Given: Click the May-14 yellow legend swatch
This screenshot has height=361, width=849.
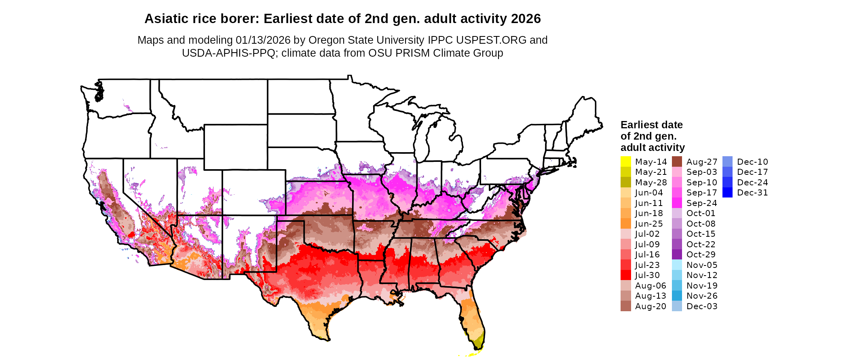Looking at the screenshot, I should pyautogui.click(x=625, y=161).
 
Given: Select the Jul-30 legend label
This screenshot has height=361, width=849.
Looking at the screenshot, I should pyautogui.click(x=647, y=275).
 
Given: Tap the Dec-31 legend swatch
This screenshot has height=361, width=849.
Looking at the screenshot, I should pyautogui.click(x=727, y=193).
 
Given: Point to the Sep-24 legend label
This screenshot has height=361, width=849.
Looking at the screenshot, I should pyautogui.click(x=701, y=203).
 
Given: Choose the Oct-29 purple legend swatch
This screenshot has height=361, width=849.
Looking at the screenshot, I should pyautogui.click(x=677, y=255).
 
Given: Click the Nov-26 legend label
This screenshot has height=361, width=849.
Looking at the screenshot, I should pyautogui.click(x=702, y=296).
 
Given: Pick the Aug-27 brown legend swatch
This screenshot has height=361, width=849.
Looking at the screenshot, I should pyautogui.click(x=677, y=161).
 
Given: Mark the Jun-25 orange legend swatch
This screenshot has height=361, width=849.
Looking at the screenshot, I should pyautogui.click(x=625, y=223).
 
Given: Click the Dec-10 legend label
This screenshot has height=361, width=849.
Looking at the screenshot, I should pyautogui.click(x=752, y=162).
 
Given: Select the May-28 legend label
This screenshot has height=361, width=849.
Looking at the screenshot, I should pyautogui.click(x=650, y=183).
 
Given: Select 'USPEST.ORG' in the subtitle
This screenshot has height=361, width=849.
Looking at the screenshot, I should pyautogui.click(x=491, y=40).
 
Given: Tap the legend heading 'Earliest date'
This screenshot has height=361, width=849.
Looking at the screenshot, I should pyautogui.click(x=651, y=125).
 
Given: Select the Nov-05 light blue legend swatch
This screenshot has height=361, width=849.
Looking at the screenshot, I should pyautogui.click(x=677, y=265).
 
